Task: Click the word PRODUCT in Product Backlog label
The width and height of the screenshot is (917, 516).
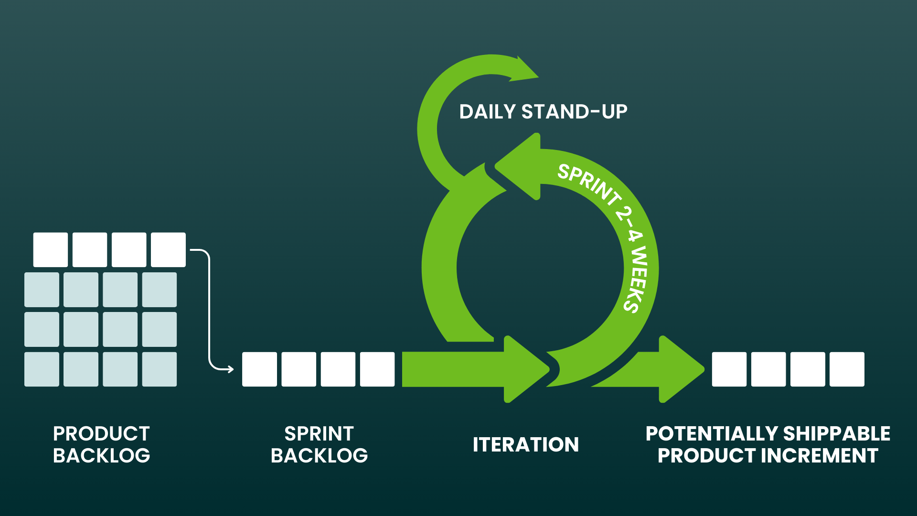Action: pos(101,434)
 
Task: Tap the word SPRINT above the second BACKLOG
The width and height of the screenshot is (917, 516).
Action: pos(319,434)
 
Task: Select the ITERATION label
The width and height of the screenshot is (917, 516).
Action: pos(526,445)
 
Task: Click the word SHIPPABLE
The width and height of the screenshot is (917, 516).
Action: pos(836,434)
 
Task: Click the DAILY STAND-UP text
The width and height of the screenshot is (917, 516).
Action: pos(543,112)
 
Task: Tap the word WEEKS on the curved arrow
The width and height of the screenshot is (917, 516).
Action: pos(638,279)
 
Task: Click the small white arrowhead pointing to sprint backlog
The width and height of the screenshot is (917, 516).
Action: pos(231,369)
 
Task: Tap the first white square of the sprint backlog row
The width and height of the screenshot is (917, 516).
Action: pos(259,369)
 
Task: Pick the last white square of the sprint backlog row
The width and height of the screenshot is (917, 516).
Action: pos(377,369)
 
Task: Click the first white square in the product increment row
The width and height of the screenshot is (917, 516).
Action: pos(729,369)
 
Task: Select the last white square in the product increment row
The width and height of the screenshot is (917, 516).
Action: pos(847,369)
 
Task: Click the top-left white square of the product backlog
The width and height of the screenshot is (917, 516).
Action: pos(51,250)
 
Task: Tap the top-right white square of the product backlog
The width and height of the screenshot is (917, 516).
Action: pos(168,250)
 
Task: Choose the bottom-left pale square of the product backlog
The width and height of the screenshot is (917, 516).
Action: pos(42,369)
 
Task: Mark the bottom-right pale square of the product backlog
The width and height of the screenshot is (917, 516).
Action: pos(160,369)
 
